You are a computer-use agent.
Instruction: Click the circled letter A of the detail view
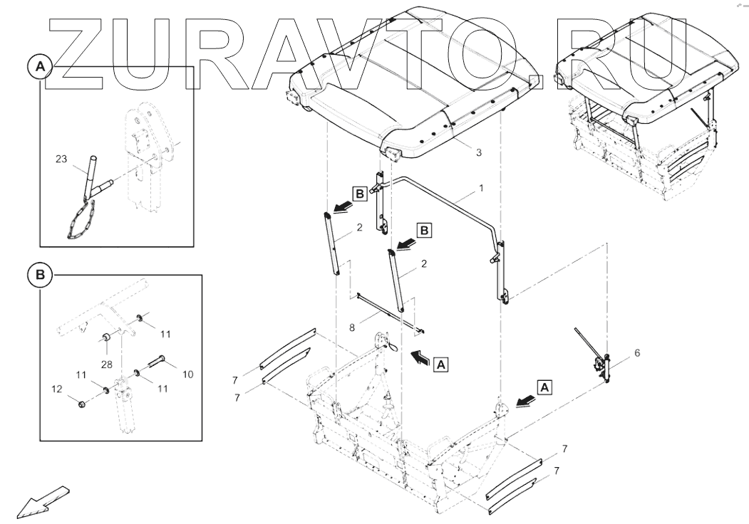pos(41,67)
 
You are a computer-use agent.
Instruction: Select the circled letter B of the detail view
pos(41,274)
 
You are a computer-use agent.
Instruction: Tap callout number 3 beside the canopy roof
pos(478,153)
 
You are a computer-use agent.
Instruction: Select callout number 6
pos(636,353)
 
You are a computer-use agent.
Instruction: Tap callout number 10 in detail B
pos(187,374)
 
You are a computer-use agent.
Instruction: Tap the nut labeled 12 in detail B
pos(82,404)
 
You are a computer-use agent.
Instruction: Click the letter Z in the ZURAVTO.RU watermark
pos(75,53)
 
